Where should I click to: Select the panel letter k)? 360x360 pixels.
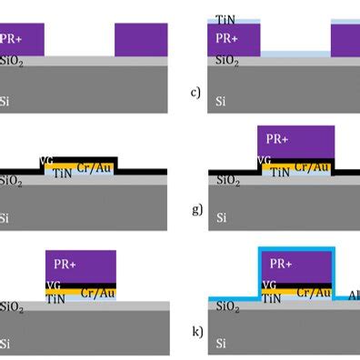click(x=196, y=332)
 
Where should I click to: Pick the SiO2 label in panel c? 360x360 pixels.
click(x=226, y=61)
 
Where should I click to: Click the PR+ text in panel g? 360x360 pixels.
click(x=279, y=139)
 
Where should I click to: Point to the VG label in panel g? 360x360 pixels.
click(x=265, y=160)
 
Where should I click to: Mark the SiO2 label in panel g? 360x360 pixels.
click(x=228, y=180)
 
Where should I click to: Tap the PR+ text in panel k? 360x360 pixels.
click(x=278, y=264)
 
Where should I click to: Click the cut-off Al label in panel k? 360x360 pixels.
click(x=354, y=295)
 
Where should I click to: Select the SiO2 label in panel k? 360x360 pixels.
click(x=228, y=308)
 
